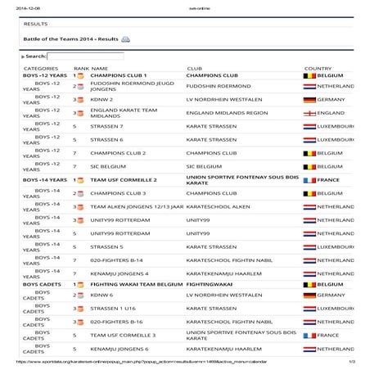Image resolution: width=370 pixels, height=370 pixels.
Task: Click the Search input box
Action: tap(85, 56)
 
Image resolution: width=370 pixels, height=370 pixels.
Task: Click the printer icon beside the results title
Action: tap(125, 38)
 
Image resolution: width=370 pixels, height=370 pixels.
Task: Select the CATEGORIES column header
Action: tap(40, 68)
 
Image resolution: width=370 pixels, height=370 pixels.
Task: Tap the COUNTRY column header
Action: tap(318, 68)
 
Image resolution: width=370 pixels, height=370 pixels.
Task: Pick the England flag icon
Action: tap(309, 113)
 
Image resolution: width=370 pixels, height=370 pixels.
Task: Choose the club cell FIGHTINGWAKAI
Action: tap(214, 285)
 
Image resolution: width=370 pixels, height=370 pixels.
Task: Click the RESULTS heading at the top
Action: tap(36, 25)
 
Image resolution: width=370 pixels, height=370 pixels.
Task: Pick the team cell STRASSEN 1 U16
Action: tap(115, 309)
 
